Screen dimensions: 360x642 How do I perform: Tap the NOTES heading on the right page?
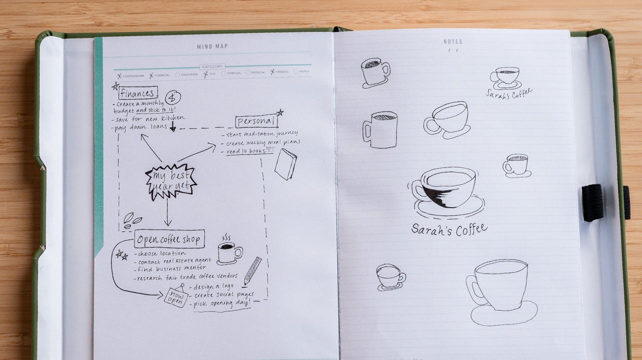click(x=453, y=42)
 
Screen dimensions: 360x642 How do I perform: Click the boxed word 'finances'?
click(x=138, y=92)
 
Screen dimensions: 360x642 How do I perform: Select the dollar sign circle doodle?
click(x=173, y=97)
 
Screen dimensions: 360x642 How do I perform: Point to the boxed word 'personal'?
click(x=255, y=121)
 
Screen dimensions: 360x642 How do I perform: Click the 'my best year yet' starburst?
click(x=170, y=181)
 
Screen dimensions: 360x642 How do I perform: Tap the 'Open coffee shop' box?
click(x=169, y=239)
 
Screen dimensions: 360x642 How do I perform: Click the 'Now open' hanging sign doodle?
click(x=176, y=296)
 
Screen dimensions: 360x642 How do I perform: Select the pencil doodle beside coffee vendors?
click(x=252, y=270)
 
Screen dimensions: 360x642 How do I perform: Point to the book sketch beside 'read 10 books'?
click(x=285, y=164)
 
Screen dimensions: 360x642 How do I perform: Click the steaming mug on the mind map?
click(x=229, y=252)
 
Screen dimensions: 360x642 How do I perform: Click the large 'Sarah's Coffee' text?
click(x=449, y=229)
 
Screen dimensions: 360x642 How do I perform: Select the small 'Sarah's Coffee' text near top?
click(x=508, y=93)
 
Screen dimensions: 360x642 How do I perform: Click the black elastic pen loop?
click(x=592, y=202)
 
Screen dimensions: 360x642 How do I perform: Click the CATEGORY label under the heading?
click(x=212, y=66)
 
